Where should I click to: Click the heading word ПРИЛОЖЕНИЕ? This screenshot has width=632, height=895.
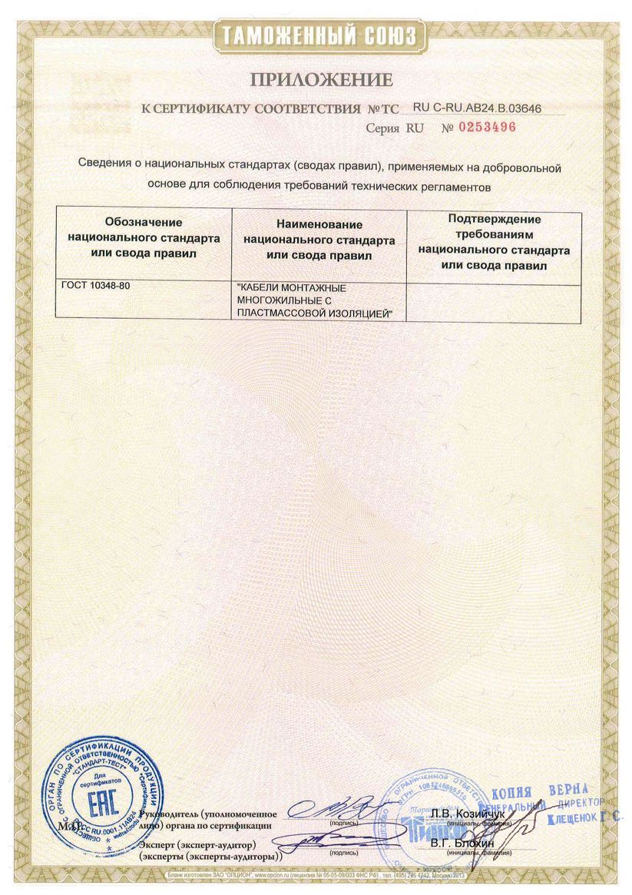tap(319, 80)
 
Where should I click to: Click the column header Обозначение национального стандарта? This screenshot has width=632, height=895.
tap(144, 237)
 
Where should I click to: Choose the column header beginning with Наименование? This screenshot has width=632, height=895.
tap(319, 238)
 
